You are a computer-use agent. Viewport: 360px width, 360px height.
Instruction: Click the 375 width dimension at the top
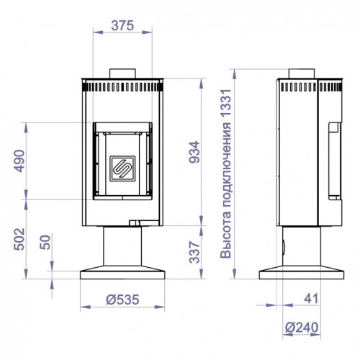coord(122,24)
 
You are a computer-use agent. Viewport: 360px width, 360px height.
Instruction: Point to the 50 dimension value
coord(45,244)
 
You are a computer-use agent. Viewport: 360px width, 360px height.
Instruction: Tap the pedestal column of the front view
coord(122,246)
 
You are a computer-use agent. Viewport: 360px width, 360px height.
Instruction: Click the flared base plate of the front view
coord(122,274)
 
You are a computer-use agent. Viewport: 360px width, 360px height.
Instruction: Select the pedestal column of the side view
coord(299,246)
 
